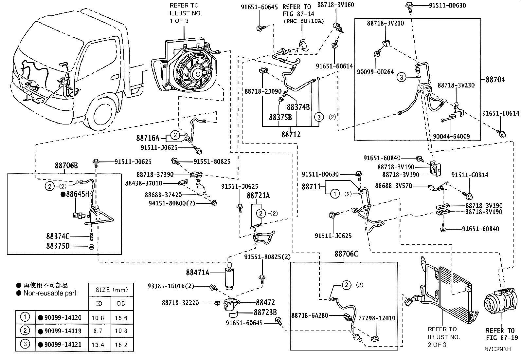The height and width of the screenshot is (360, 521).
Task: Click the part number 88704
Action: (495, 79)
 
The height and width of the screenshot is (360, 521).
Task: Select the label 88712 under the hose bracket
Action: (291, 134)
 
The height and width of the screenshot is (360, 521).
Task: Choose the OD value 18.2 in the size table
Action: (121, 345)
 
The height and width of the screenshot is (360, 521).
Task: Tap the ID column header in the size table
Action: (99, 303)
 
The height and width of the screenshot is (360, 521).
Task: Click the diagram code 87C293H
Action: (498, 349)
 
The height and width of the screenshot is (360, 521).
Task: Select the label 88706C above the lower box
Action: (346, 254)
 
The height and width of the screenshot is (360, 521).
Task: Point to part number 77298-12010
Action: (377, 318)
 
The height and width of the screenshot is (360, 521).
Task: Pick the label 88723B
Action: (265, 312)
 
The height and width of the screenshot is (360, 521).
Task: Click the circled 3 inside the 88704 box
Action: (401, 77)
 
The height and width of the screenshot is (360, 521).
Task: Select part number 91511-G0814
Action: (470, 175)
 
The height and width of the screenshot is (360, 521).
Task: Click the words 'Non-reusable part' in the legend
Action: (50, 293)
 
